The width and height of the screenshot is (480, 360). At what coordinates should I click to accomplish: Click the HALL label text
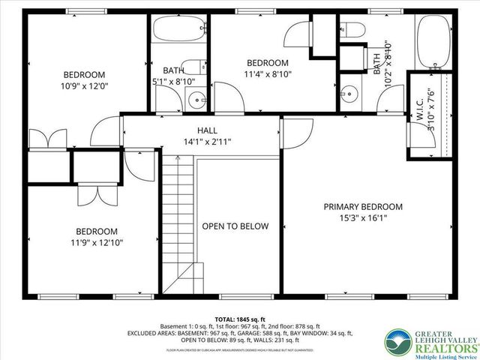pyautogui.click(x=208, y=130)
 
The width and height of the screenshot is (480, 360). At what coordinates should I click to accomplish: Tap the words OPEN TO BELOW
pyautogui.click(x=235, y=226)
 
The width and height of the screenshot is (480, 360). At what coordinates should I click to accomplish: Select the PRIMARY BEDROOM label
pyautogui.click(x=363, y=207)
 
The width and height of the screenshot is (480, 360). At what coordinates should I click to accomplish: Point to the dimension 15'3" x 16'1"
pyautogui.click(x=363, y=219)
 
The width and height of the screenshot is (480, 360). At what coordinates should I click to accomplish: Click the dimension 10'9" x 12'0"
pyautogui.click(x=84, y=87)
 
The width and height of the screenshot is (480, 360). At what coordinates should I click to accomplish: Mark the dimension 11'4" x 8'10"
pyautogui.click(x=267, y=74)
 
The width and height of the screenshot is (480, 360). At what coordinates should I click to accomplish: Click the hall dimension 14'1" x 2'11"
pyautogui.click(x=208, y=141)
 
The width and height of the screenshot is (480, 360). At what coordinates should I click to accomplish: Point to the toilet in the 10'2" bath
pyautogui.click(x=354, y=29)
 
